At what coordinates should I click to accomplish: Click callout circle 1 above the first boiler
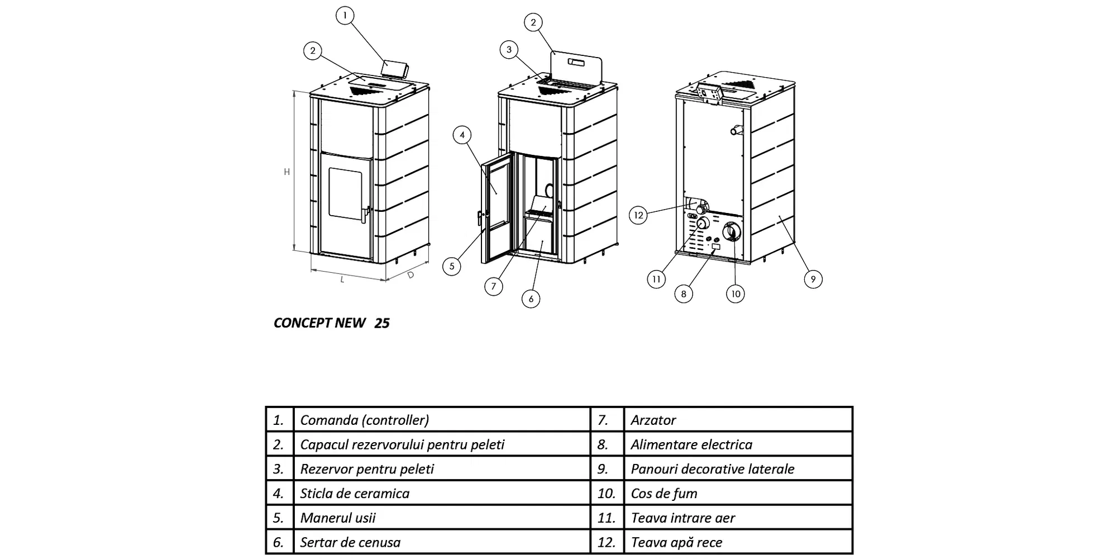[345, 15]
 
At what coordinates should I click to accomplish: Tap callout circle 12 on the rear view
[638, 215]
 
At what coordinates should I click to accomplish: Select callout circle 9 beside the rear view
[813, 279]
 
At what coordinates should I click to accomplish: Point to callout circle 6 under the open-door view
[531, 299]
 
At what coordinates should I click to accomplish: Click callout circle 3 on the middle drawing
[508, 50]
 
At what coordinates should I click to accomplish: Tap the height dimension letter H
[287, 172]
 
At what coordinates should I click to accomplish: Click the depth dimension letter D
[410, 275]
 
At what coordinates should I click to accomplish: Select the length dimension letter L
[342, 279]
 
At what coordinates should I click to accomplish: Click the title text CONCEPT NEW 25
[331, 323]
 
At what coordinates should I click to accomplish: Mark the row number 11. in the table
[607, 518]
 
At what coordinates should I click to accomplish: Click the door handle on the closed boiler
[365, 215]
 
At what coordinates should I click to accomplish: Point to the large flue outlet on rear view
[733, 232]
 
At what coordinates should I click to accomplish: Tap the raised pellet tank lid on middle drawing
[576, 67]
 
